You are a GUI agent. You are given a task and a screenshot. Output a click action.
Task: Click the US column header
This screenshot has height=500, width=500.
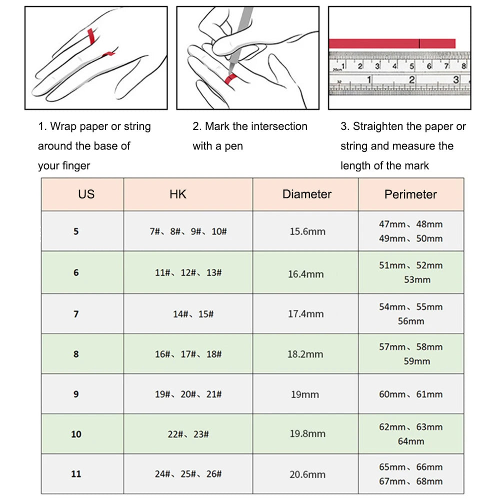[x=86, y=194]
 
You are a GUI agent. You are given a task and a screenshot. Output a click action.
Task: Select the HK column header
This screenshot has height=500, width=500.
[x=178, y=194]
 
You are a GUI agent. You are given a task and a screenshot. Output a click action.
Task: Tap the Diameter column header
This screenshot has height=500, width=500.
[x=306, y=194]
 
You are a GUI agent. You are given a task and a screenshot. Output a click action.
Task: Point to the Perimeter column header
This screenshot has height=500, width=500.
[x=410, y=194]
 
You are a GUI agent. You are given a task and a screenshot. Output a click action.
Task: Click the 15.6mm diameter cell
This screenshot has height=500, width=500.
[x=307, y=231]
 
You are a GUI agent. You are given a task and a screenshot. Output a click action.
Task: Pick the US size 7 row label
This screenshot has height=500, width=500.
[x=76, y=313]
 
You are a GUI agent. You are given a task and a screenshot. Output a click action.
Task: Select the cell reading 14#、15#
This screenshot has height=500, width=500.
[x=193, y=314]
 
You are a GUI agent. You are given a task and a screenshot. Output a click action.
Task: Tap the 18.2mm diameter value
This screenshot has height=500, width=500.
[x=305, y=354]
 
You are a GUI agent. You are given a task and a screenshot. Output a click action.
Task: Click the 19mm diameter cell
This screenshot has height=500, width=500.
[x=304, y=394]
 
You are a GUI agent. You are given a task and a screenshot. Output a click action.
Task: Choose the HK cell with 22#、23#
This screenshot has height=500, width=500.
[x=188, y=434]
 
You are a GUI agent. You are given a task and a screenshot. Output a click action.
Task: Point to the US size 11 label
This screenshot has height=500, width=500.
[x=76, y=473]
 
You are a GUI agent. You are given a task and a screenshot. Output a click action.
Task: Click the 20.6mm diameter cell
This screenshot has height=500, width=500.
[x=307, y=474]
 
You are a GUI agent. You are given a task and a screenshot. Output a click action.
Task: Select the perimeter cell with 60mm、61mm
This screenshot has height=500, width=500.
[x=410, y=394]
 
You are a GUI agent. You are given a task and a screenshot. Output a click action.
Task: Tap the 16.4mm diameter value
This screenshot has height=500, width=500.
[x=305, y=274]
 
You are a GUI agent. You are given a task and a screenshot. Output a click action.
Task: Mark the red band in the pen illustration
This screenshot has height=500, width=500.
[x=230, y=79]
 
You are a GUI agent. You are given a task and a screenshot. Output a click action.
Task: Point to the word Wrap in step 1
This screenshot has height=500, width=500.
[x=62, y=126]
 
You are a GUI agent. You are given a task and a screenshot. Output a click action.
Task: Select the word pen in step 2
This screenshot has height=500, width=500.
[x=233, y=146]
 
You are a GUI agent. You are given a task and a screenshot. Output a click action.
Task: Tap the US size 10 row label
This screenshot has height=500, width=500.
[x=76, y=434]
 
